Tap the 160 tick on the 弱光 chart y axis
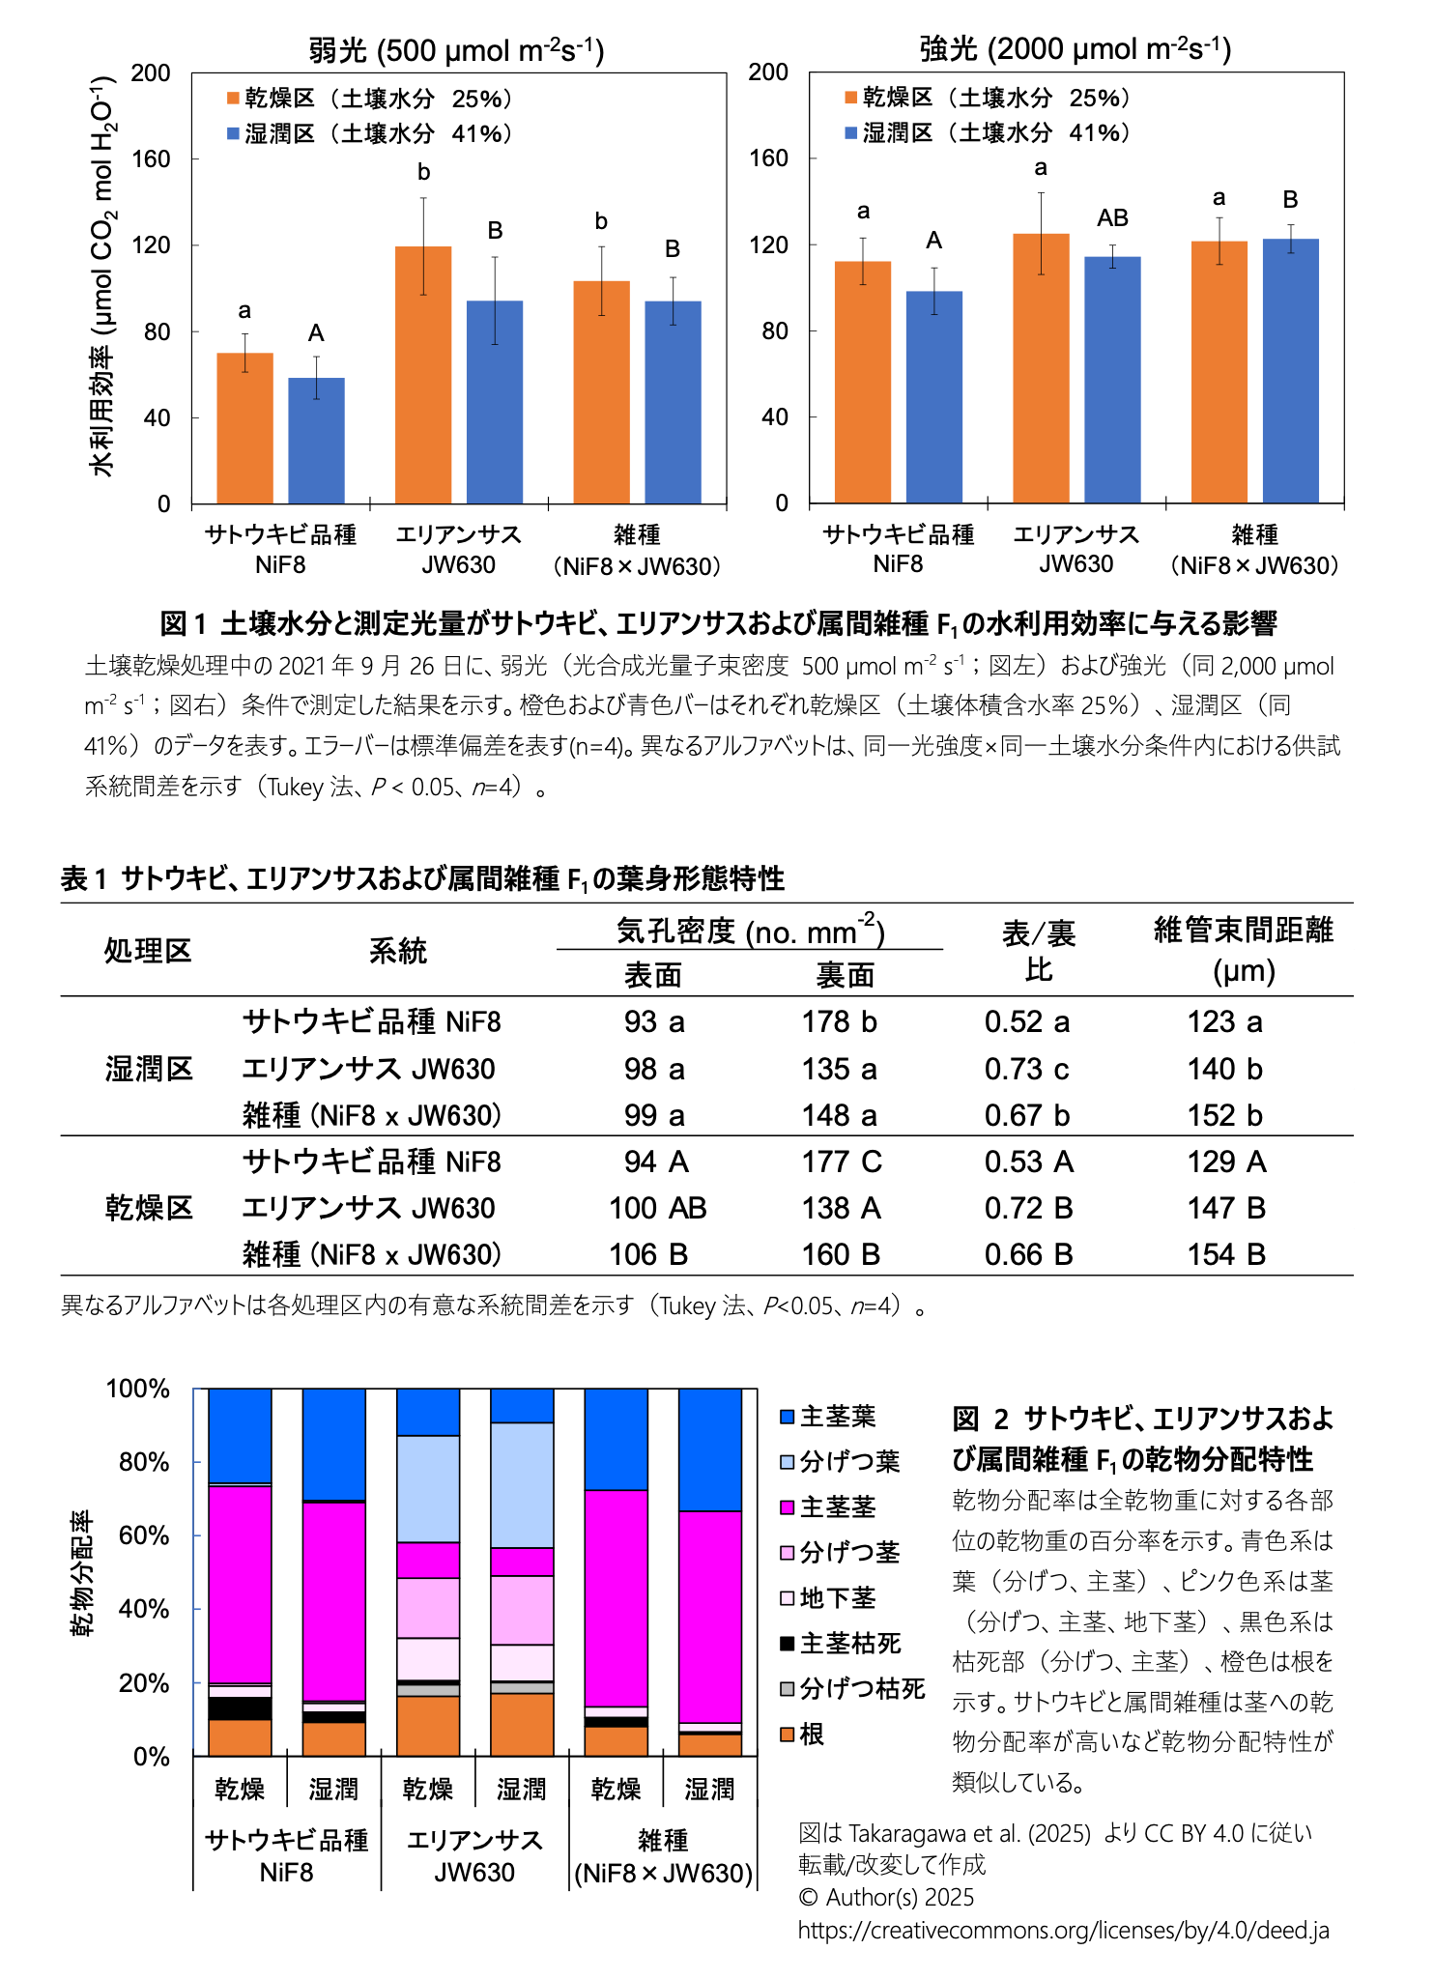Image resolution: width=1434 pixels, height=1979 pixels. point(152,159)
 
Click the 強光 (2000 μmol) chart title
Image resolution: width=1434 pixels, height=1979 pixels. point(1075,48)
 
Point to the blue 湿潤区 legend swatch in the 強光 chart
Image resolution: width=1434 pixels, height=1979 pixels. point(851,133)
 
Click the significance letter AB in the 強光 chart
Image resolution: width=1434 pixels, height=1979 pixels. point(1112,218)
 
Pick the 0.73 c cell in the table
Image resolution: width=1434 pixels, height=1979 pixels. point(1027,1069)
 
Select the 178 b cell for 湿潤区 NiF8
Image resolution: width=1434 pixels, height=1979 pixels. point(839,1022)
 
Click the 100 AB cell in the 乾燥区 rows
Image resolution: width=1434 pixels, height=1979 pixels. point(657,1208)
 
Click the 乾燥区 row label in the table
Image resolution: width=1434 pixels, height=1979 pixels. point(149,1208)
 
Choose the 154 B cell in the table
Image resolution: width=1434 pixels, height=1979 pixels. point(1226,1254)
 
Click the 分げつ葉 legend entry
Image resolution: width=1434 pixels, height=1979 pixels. point(840,1462)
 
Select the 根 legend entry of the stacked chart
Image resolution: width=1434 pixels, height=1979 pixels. point(802,1735)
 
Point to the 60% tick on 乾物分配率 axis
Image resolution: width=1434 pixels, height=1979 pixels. point(144,1536)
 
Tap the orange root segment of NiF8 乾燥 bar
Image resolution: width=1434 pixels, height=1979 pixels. point(240,1737)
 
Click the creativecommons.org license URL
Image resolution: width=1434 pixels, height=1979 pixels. point(1063,1931)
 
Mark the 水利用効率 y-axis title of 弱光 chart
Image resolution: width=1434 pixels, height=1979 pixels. point(102,280)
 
